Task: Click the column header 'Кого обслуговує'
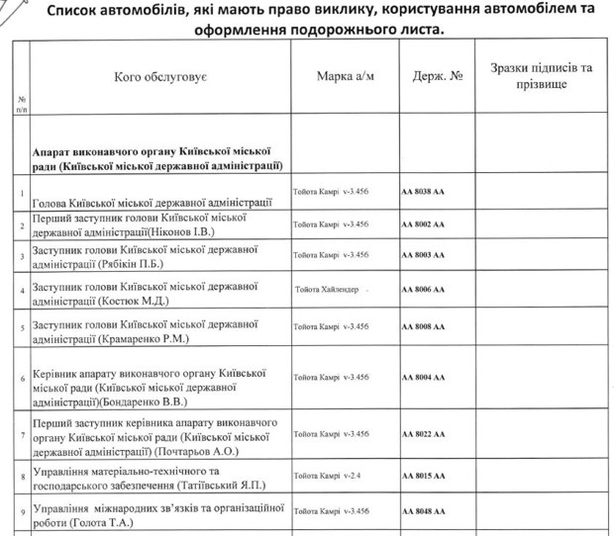159,76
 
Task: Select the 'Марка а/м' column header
346,76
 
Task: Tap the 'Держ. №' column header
437,76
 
